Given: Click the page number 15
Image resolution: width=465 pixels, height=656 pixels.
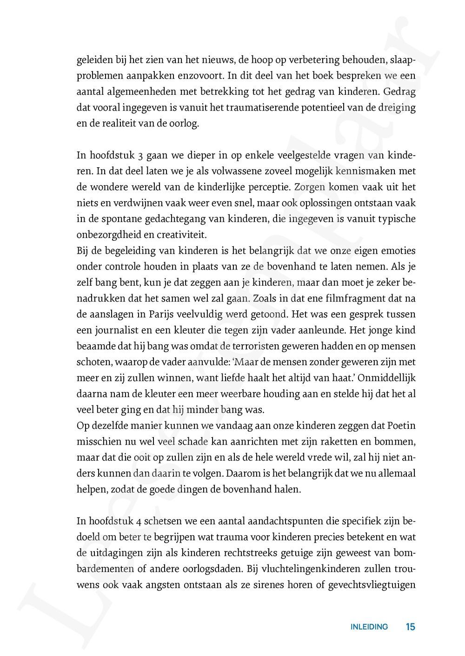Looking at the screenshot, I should click(410, 627).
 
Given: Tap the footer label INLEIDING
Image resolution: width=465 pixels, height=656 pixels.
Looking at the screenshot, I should click(369, 627).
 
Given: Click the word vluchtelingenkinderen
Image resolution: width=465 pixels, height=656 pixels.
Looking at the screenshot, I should click(319, 570).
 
